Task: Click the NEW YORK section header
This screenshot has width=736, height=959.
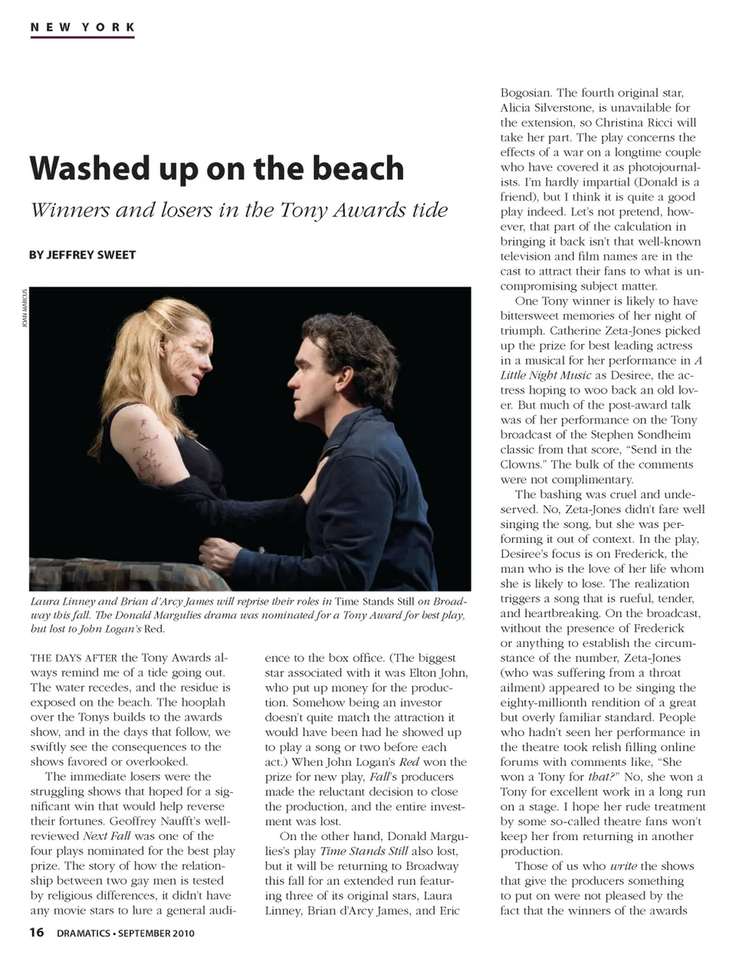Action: pos(83,28)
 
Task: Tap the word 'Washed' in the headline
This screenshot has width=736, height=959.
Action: pos(90,169)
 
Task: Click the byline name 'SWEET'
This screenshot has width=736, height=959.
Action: pos(115,255)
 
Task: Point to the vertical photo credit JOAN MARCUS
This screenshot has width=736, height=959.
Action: pos(25,308)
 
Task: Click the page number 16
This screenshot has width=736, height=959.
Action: pos(37,933)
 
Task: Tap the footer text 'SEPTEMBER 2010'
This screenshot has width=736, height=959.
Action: pos(157,934)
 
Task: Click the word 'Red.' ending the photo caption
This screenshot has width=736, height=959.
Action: pos(154,629)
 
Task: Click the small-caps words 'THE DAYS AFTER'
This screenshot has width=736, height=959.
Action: pos(74,658)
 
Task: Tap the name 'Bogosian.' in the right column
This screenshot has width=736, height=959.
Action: pos(526,93)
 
